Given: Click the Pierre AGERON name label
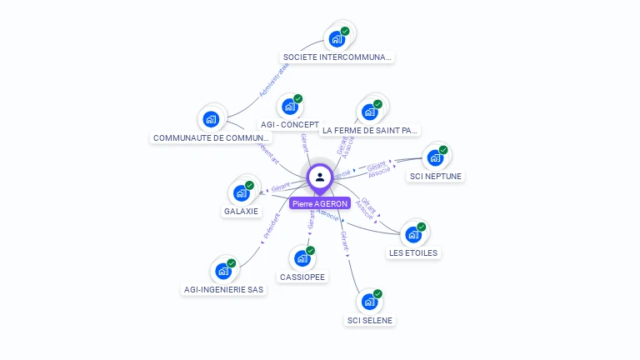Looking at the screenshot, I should [319, 203].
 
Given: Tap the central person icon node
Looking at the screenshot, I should [320, 177].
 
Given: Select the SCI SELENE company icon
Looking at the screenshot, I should [368, 302].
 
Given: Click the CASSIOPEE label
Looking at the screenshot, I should [303, 277].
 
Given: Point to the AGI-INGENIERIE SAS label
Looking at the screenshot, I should [223, 290].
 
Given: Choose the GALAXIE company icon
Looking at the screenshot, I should [241, 192].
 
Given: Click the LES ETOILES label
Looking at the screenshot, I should [412, 252].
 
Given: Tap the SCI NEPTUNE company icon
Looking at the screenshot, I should [434, 157].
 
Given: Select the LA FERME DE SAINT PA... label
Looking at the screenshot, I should [370, 130].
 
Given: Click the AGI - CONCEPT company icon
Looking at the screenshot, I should [289, 106].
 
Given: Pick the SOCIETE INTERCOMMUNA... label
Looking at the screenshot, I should [337, 57].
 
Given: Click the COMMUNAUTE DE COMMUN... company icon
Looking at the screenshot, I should [211, 118].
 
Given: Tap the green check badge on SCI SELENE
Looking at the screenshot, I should [377, 293].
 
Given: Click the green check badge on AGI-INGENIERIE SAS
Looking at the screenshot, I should [232, 262].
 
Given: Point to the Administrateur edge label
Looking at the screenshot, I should [272, 81].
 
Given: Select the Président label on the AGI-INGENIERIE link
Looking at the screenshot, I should [272, 227].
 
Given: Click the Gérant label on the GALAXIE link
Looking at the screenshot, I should [280, 186].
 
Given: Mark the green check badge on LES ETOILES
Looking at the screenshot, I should [422, 226].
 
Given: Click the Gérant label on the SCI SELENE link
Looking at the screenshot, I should [344, 242].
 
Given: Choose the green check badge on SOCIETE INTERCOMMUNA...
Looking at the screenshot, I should [345, 31].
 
